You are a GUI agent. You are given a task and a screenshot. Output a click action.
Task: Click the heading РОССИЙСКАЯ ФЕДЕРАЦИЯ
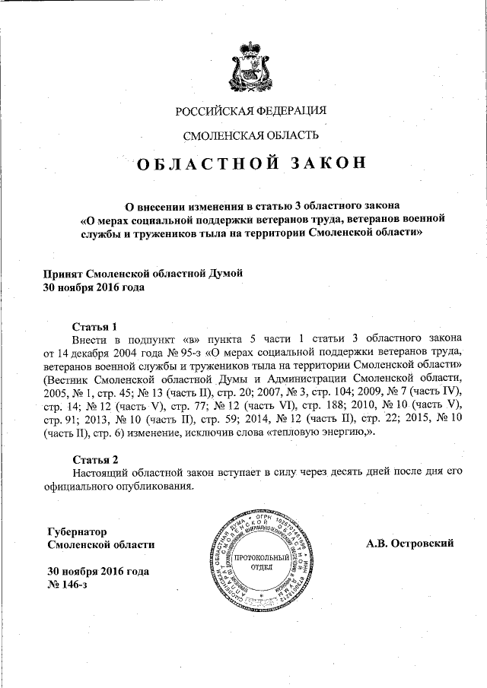pos(251,111)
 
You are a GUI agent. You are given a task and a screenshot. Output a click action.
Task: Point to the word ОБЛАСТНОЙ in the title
pos(199,165)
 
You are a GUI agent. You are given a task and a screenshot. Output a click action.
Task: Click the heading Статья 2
pos(95,458)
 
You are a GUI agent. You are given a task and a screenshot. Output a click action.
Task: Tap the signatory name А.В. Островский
pos(409,544)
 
